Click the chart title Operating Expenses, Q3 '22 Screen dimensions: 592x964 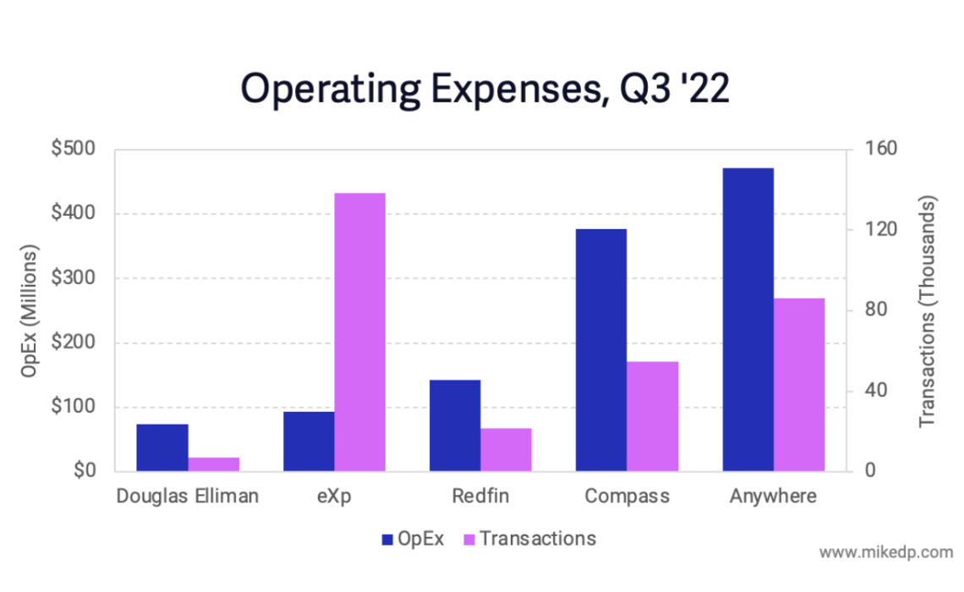(x=485, y=88)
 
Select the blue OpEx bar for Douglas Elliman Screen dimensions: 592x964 (x=162, y=447)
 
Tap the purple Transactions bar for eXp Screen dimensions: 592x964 (x=360, y=332)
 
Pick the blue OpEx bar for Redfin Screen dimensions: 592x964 (x=455, y=425)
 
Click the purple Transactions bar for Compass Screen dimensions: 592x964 (x=653, y=416)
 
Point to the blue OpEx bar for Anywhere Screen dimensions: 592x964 (x=748, y=320)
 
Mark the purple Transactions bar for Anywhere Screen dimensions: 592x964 (x=799, y=385)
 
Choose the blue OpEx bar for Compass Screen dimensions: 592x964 (x=601, y=350)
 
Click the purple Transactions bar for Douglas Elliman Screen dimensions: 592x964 (x=214, y=464)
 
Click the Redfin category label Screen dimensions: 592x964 (x=480, y=496)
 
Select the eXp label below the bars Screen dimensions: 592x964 (x=334, y=496)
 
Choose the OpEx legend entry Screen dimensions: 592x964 (x=413, y=539)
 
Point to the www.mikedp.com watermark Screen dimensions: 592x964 (x=885, y=552)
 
